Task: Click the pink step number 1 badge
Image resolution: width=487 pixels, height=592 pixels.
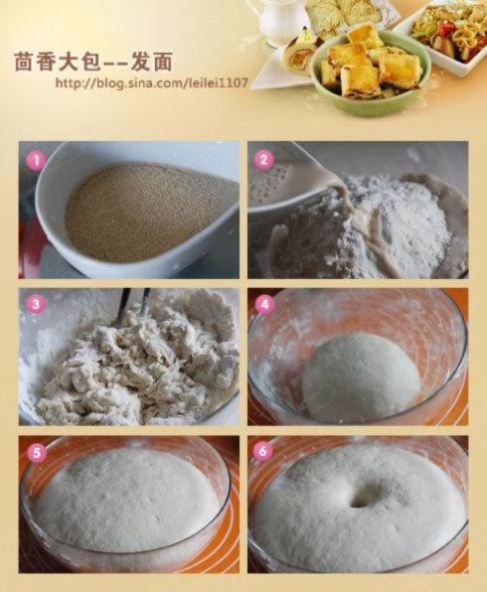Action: click(36, 161)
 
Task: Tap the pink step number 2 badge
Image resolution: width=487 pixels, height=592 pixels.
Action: click(264, 159)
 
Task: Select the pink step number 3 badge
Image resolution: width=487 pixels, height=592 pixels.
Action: click(36, 304)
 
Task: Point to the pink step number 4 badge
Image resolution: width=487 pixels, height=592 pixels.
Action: click(264, 304)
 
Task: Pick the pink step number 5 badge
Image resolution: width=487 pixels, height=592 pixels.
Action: click(36, 452)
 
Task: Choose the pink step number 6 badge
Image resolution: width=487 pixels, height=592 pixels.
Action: click(262, 451)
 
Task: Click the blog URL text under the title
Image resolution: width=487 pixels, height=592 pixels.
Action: click(151, 82)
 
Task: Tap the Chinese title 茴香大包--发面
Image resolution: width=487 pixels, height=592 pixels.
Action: click(93, 62)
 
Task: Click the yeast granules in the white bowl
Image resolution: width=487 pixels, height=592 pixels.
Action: click(147, 214)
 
